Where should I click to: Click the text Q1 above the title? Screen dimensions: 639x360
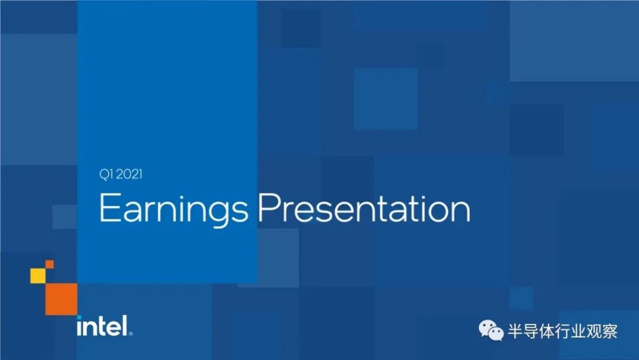[x=106, y=175]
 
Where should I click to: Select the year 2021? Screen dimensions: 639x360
[x=129, y=175]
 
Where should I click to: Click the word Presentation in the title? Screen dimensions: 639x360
[x=364, y=208]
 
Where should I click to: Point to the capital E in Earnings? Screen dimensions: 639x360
[x=109, y=208]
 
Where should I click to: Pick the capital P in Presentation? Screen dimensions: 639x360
[x=269, y=208]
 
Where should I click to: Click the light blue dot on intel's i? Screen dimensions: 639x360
[x=79, y=317]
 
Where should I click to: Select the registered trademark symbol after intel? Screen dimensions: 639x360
[x=130, y=333]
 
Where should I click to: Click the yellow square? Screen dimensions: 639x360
[x=38, y=275]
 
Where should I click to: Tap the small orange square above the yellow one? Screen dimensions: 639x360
[x=49, y=264]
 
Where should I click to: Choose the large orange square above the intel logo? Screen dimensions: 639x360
[x=61, y=299]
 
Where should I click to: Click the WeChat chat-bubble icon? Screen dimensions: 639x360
[x=490, y=330]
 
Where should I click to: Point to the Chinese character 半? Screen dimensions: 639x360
[x=515, y=331]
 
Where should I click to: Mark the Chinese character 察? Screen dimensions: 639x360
[x=610, y=331]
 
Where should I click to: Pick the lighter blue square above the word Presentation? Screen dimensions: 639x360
[x=386, y=99]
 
